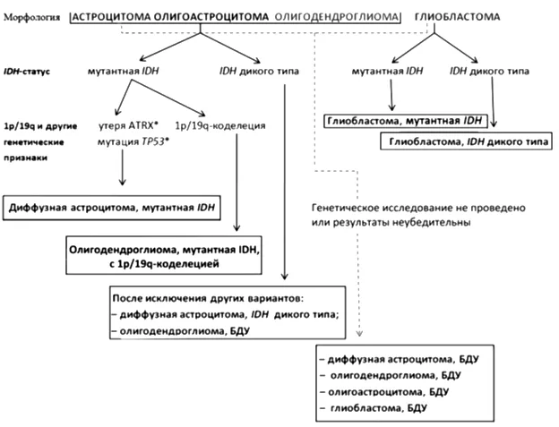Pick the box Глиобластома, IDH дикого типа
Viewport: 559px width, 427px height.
[466, 141]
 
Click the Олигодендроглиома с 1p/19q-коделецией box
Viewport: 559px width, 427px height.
[163, 257]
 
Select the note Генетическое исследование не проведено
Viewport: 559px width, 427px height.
[418, 207]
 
